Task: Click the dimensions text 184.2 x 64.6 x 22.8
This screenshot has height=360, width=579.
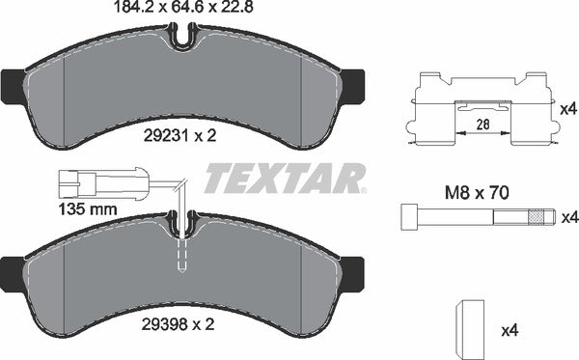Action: pyautogui.click(x=182, y=10)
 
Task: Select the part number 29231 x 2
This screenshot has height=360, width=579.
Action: pyautogui.click(x=182, y=136)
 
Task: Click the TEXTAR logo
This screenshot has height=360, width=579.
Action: pyautogui.click(x=286, y=178)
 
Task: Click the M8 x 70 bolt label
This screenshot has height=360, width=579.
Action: pyautogui.click(x=478, y=192)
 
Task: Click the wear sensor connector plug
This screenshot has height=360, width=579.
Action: pyautogui.click(x=74, y=180)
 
